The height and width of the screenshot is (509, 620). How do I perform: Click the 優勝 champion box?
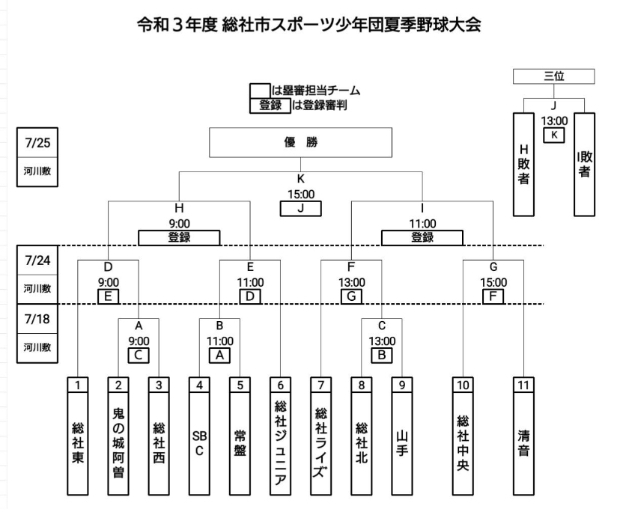(300, 144)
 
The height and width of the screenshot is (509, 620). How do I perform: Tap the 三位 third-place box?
(553, 76)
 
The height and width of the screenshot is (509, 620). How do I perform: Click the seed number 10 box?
(463, 384)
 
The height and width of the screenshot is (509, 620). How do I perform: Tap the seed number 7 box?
(320, 384)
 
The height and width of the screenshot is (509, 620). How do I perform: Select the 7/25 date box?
(37, 141)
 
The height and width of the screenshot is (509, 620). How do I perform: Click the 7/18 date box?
(37, 319)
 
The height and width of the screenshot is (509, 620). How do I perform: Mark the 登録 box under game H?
(179, 237)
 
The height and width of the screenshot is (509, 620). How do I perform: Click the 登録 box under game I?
(422, 237)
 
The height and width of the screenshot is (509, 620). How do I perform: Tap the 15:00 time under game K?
(300, 193)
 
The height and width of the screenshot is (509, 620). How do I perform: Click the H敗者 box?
(524, 164)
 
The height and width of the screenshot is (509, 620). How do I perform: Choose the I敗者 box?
(584, 164)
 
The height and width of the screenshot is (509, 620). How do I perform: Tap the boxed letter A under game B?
(219, 355)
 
